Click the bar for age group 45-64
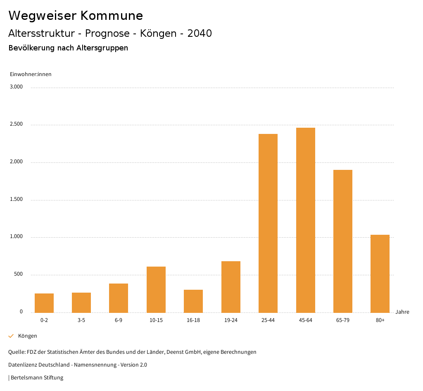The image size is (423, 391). click(x=305, y=220)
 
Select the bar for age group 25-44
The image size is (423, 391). click(x=268, y=223)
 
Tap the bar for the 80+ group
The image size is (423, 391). click(x=380, y=274)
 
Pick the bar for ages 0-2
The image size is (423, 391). click(x=44, y=303)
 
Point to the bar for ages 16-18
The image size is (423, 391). click(x=193, y=301)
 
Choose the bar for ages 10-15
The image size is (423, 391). click(x=156, y=289)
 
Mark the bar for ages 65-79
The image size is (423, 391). click(x=342, y=241)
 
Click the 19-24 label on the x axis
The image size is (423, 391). click(x=231, y=320)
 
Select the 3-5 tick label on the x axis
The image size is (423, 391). click(x=81, y=320)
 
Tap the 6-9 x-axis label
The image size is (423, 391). click(x=119, y=320)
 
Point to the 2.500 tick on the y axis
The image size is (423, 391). click(x=17, y=124)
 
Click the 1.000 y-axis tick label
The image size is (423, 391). click(x=17, y=237)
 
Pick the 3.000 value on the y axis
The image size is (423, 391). click(x=17, y=87)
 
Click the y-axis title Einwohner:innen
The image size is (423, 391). click(x=31, y=74)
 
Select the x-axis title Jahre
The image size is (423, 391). click(x=402, y=312)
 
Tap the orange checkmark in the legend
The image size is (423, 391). click(x=11, y=336)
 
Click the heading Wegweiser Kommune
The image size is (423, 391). click(x=76, y=16)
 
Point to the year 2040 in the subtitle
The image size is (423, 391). click(x=200, y=33)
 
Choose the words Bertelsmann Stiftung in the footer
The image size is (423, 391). click(x=37, y=378)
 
